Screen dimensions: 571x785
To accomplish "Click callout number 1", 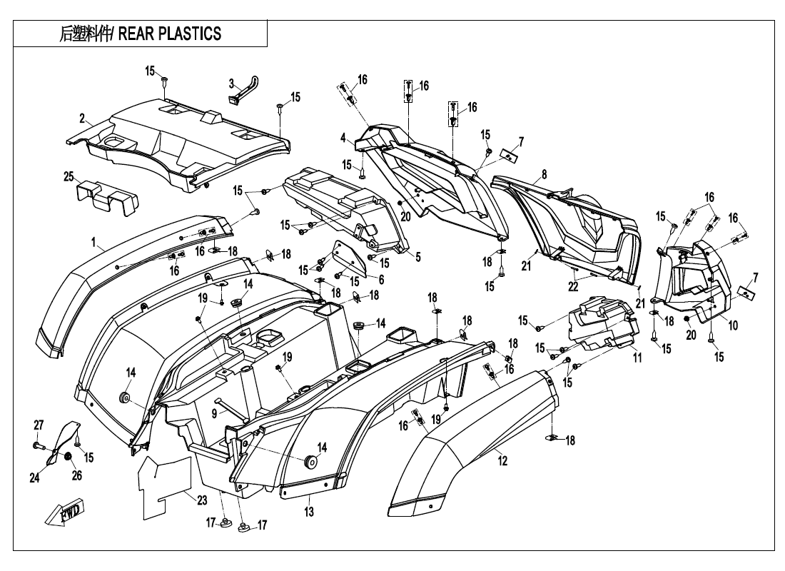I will [x=93, y=243].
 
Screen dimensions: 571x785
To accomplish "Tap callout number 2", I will [x=82, y=118].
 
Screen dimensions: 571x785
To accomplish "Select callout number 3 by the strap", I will [x=231, y=84].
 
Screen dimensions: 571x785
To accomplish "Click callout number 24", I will [x=34, y=478].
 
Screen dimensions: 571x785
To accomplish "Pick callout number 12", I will [x=502, y=462].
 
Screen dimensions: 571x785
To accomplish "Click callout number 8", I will [x=545, y=175].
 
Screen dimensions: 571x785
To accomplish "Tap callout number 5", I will [x=417, y=258].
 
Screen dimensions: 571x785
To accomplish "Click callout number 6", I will [x=381, y=280].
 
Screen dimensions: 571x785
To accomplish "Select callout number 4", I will [x=343, y=137].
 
